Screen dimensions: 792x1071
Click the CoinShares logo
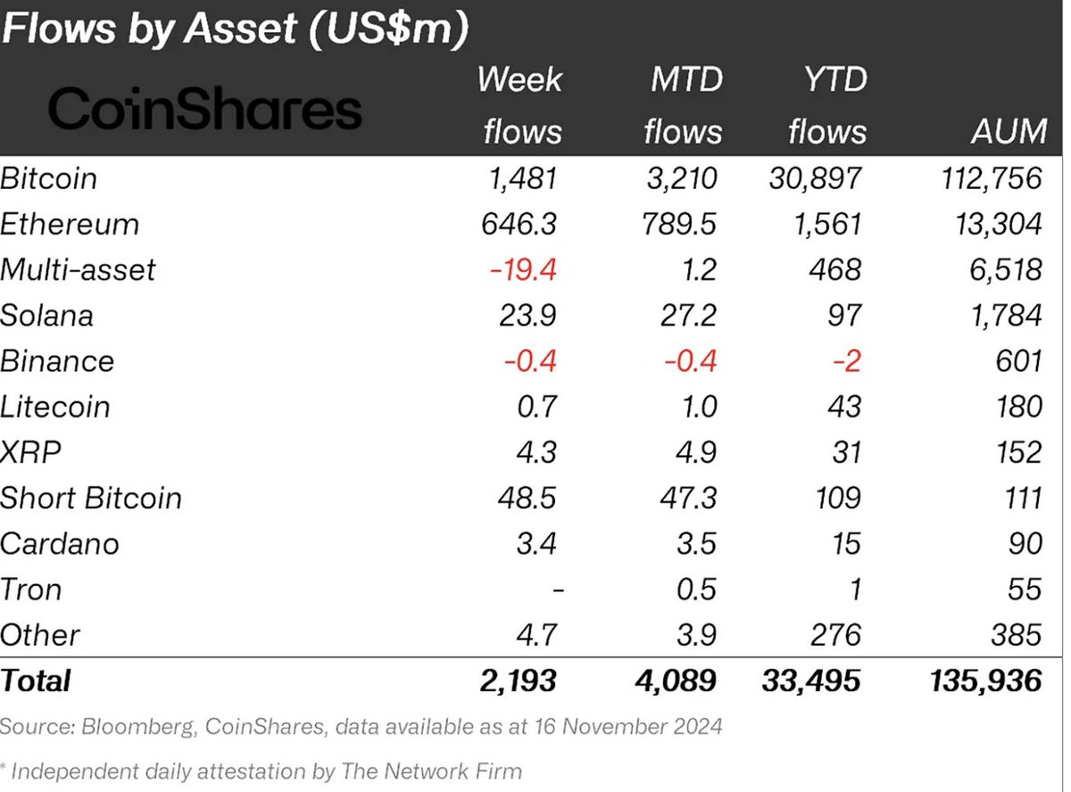[204, 111]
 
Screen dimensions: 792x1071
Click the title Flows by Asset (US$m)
[234, 30]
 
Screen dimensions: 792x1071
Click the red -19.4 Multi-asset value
[524, 269]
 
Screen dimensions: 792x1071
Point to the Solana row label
[46, 315]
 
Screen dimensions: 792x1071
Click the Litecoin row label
[54, 407]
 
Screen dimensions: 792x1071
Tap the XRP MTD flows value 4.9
[694, 452]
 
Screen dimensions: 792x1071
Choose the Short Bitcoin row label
[90, 498]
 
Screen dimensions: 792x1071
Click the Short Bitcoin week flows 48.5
[527, 498]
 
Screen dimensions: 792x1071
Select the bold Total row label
[36, 681]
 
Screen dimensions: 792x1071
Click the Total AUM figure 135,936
[981, 681]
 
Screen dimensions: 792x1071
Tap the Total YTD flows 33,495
[811, 681]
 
